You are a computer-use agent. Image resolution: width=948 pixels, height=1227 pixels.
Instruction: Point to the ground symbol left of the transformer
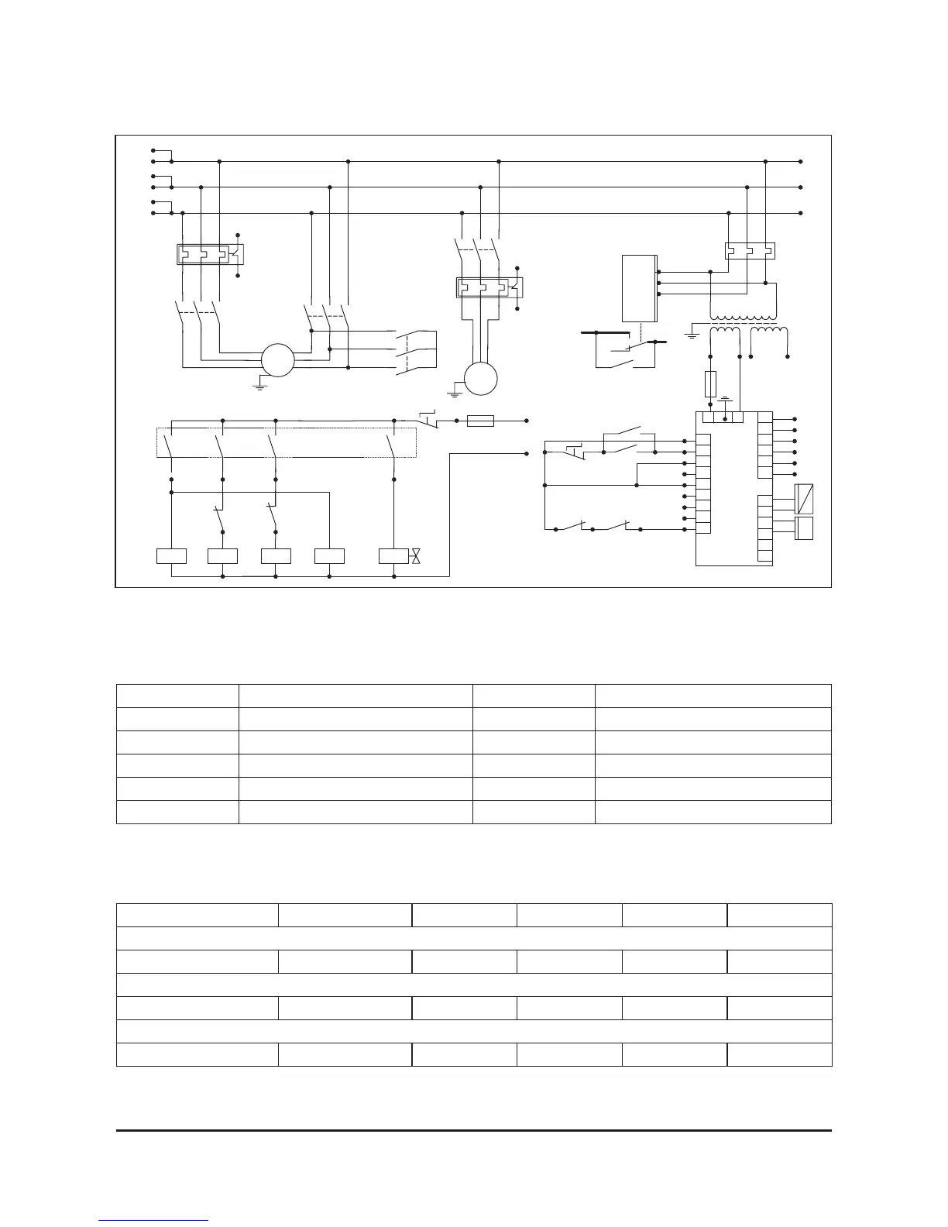(692, 334)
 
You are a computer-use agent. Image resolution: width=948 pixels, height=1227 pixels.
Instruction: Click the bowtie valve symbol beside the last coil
(416, 556)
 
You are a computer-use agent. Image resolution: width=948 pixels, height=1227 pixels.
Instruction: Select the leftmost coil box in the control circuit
(171, 556)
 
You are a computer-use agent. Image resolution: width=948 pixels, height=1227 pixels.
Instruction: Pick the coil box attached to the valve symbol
(393, 556)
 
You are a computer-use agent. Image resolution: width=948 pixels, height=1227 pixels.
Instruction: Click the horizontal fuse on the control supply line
(481, 421)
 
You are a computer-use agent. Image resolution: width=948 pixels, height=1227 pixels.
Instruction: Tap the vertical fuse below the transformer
(711, 384)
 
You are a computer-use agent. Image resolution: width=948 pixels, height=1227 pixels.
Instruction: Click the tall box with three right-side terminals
(639, 287)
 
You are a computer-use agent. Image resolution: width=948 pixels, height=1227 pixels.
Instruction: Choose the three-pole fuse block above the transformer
(749, 251)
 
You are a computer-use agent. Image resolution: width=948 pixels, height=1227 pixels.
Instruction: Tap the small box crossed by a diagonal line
(804, 500)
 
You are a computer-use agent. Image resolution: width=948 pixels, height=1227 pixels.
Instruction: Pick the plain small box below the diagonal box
(804, 529)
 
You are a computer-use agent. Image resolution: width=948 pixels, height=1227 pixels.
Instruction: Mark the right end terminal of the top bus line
(800, 162)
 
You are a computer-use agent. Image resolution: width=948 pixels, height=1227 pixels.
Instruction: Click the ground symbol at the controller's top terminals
(726, 400)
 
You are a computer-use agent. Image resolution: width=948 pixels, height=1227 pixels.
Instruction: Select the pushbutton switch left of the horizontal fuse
(431, 419)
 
